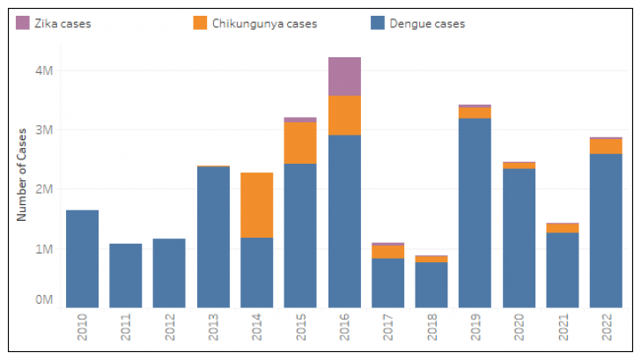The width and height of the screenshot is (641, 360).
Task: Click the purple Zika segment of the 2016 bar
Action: pyautogui.click(x=344, y=77)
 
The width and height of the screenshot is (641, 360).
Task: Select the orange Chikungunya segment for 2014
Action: pyautogui.click(x=257, y=205)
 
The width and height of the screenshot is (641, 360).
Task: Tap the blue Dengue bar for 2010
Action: pyautogui.click(x=83, y=259)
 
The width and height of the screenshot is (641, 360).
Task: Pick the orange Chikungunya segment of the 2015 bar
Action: pyautogui.click(x=300, y=143)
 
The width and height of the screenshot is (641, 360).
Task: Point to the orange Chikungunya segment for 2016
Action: pyautogui.click(x=344, y=115)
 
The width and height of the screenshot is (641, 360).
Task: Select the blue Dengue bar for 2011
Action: pyautogui.click(x=126, y=276)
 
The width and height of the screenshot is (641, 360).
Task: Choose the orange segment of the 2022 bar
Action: pyautogui.click(x=606, y=146)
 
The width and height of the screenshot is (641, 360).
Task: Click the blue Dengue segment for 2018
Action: pyautogui.click(x=431, y=284)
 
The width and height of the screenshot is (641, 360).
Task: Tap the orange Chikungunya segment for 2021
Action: pyautogui.click(x=562, y=228)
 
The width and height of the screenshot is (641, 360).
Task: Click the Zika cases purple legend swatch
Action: pyautogui.click(x=23, y=23)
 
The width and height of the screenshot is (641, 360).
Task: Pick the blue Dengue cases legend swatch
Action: pyautogui.click(x=377, y=23)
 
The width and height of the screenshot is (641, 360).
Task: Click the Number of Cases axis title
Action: pyautogui.click(x=21, y=173)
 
